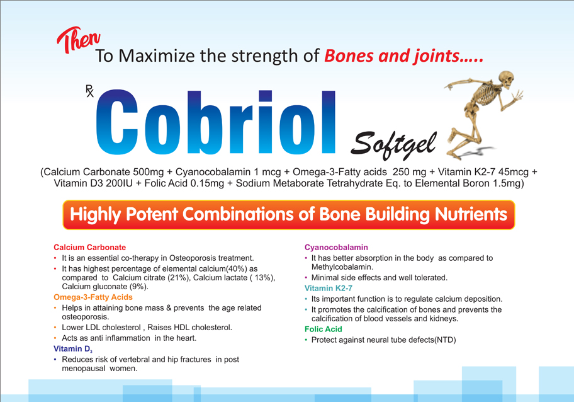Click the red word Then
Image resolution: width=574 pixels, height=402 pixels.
(x=78, y=40)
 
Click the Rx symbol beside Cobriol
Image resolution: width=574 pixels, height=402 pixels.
(x=89, y=91)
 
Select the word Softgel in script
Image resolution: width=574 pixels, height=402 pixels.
(x=393, y=145)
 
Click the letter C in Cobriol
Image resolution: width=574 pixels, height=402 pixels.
(x=117, y=122)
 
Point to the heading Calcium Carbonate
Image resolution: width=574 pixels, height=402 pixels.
(x=89, y=248)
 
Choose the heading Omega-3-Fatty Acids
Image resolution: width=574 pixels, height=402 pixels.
(x=93, y=297)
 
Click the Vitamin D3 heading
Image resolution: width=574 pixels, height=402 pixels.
(x=73, y=349)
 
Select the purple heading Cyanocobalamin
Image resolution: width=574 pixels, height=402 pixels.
(x=336, y=248)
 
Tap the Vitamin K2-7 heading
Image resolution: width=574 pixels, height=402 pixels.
(x=329, y=289)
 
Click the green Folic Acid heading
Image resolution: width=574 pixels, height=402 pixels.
(x=324, y=329)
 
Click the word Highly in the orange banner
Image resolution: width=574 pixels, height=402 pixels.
(x=95, y=215)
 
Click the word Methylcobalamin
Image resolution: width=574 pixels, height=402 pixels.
(x=342, y=267)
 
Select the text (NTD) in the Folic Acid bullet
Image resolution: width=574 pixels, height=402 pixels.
(x=445, y=340)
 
